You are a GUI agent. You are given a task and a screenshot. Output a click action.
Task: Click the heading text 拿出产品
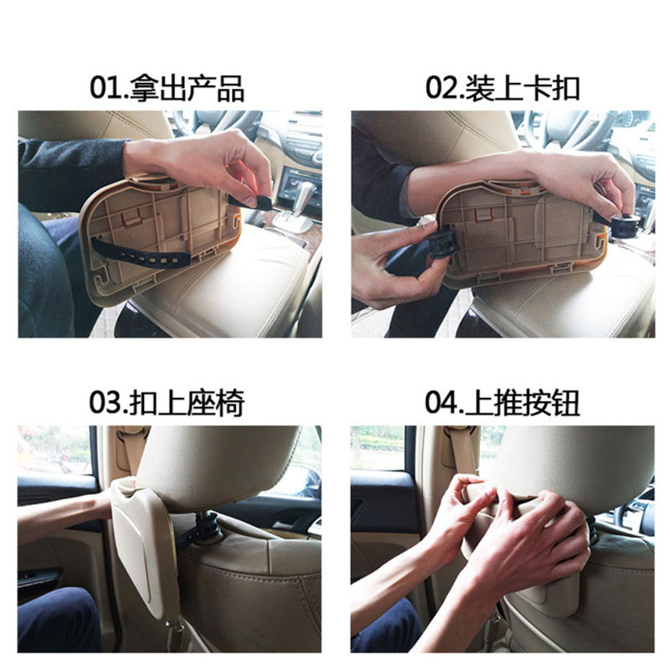click(x=187, y=88)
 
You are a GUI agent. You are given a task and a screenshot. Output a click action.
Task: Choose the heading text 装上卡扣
click(x=522, y=88)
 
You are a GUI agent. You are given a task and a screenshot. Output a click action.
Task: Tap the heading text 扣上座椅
click(x=187, y=403)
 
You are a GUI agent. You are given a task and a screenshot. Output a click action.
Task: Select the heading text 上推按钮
click(x=522, y=403)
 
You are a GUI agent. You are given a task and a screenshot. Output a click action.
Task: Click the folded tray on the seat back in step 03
click(x=143, y=551)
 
